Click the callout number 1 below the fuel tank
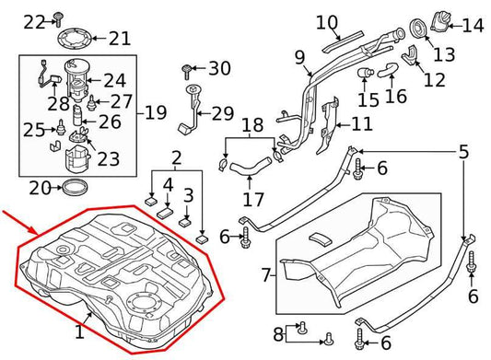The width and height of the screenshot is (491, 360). pos(80,330)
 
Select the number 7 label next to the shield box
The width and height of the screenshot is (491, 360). pos(266,274)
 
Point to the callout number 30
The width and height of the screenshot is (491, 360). pos(219,68)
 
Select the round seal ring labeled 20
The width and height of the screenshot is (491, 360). pos(73,189)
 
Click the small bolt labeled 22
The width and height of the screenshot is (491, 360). pos(57,16)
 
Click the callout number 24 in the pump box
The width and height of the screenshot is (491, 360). pos(114,81)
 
